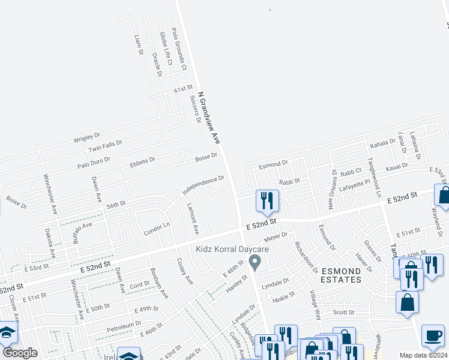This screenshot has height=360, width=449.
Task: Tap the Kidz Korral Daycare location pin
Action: [x=255, y=262]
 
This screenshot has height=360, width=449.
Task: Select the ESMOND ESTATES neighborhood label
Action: [x=341, y=275]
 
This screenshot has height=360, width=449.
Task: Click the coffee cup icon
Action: [x=433, y=335]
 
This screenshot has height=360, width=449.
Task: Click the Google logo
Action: [x=20, y=353]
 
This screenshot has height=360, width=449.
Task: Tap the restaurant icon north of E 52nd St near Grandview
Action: [x=267, y=200]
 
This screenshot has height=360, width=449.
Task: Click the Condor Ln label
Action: [x=157, y=228]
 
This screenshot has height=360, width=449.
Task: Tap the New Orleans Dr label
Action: [x=333, y=189]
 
